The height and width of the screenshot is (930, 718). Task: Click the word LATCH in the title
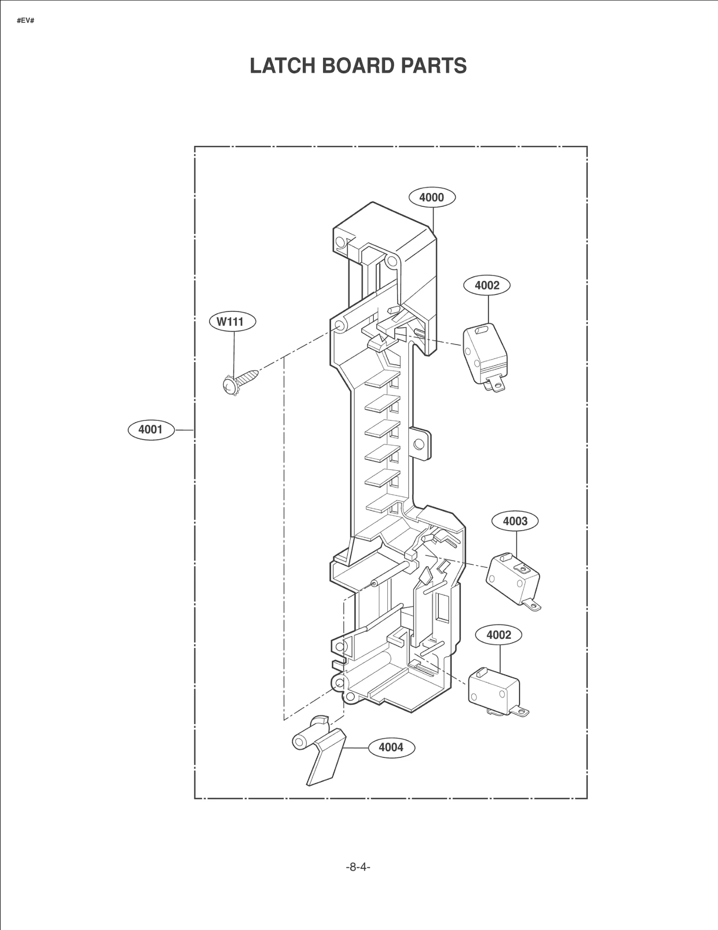click(282, 66)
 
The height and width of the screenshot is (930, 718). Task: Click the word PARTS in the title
click(433, 66)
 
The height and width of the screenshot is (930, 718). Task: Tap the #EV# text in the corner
click(26, 21)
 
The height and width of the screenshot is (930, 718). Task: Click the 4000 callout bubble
click(432, 197)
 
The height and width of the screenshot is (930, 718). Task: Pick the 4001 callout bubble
click(150, 429)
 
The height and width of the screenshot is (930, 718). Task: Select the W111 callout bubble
click(232, 322)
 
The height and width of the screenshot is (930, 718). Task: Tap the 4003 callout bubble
click(515, 521)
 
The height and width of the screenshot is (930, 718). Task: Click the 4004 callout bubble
click(391, 747)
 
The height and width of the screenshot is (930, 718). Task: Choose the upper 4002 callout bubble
click(487, 285)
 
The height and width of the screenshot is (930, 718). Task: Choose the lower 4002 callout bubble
click(499, 635)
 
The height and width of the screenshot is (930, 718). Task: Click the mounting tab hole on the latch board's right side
click(419, 444)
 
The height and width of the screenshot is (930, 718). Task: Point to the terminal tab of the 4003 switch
click(533, 606)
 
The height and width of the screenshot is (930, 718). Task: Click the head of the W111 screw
click(230, 385)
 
